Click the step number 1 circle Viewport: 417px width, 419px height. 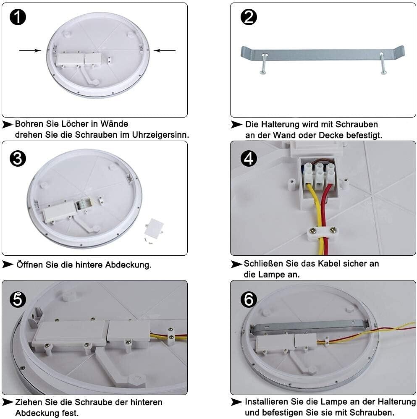17,17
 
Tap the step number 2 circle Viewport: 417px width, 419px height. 249,17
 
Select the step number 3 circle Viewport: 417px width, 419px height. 17,159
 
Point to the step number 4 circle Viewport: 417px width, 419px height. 249,159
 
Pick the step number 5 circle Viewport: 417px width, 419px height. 17,299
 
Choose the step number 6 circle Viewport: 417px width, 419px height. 249,299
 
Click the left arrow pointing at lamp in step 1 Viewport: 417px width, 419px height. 30,51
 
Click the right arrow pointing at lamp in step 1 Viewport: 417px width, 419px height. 164,51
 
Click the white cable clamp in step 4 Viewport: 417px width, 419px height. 321,232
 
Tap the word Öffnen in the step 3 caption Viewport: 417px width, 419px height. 30,265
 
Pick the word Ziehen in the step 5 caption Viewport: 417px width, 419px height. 27,402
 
